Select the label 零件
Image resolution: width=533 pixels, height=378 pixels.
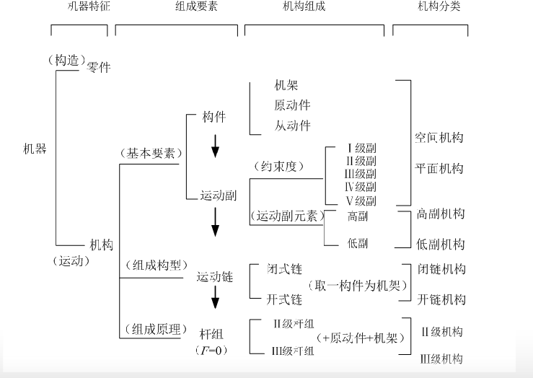98,68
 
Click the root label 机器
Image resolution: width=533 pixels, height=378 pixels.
34,149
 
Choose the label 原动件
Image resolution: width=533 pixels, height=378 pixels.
292,105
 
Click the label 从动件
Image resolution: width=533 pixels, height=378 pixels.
292,126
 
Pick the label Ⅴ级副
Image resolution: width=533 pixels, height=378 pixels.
361,201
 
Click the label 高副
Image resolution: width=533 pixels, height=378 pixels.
358,216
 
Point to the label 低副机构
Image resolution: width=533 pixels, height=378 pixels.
441,244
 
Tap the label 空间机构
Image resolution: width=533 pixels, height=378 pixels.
439,137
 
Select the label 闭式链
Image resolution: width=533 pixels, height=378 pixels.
285,269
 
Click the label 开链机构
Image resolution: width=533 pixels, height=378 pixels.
441,299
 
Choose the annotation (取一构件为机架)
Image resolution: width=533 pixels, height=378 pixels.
358,284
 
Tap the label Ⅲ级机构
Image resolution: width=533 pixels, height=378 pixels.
441,359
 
